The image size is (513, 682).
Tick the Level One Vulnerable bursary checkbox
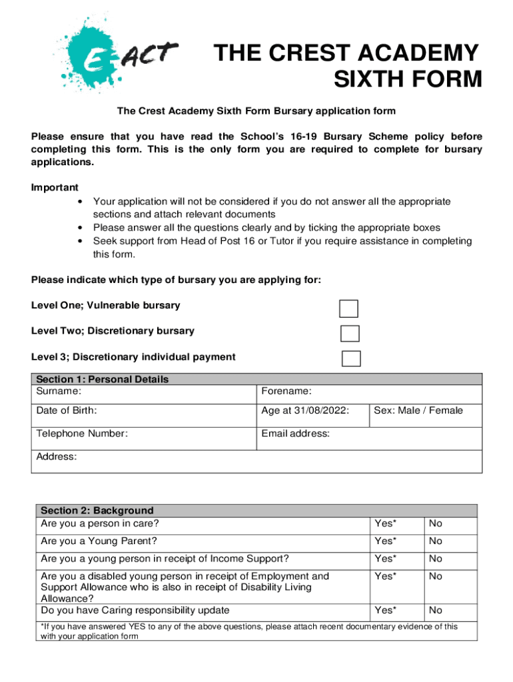coord(348,308)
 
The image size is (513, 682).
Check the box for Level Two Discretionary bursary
coord(350,334)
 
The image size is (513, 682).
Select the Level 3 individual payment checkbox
coord(351,358)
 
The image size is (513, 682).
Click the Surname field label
coord(59,391)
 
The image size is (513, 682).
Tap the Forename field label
coord(286,391)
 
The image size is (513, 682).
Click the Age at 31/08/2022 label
coord(305,411)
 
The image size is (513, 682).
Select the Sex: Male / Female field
coord(418,411)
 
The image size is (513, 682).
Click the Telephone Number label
coord(82,434)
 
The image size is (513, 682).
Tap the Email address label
coord(295,434)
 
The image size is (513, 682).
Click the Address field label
coord(57,456)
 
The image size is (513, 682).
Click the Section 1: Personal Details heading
coord(102,380)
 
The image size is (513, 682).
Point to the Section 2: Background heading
coord(97,511)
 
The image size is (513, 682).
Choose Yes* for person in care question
coord(385,523)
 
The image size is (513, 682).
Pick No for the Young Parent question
coord(436,541)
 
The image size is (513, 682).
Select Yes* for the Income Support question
coord(385,559)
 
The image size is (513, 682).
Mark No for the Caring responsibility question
coord(436,610)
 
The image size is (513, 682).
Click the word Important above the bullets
coord(55,188)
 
